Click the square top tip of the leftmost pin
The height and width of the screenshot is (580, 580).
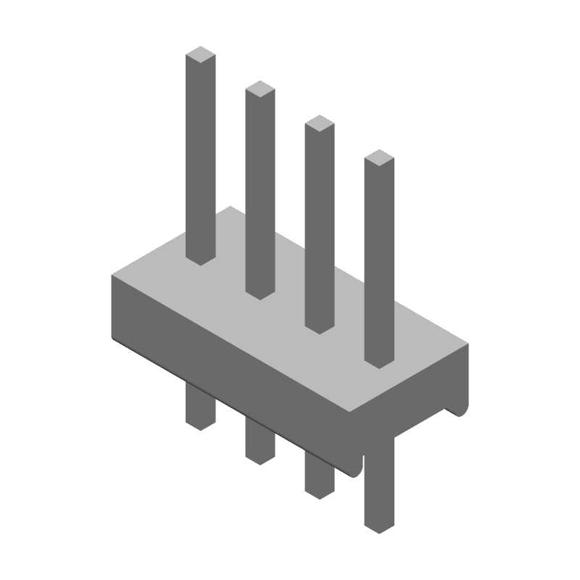[201, 54]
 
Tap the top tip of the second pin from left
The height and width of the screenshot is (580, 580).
[260, 88]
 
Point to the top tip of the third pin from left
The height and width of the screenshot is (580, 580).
[320, 123]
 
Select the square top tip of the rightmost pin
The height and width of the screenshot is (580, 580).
[379, 157]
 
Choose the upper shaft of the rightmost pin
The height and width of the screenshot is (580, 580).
[379, 261]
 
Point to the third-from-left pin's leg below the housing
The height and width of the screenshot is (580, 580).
[319, 474]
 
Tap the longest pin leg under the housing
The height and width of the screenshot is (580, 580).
[378, 478]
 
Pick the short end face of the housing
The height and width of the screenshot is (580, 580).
[413, 391]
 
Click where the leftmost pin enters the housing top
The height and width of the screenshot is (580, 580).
[201, 257]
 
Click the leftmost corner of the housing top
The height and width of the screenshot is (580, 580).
[113, 276]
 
